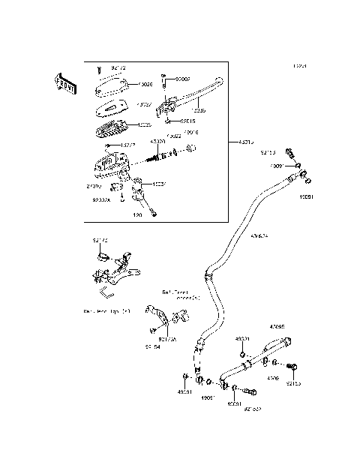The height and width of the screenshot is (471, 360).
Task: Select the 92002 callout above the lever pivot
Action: click(x=184, y=78)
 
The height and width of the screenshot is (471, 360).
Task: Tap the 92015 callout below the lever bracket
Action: click(x=187, y=121)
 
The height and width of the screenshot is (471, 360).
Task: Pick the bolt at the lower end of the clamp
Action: click(x=153, y=214)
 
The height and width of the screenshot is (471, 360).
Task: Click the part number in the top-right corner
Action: click(x=300, y=67)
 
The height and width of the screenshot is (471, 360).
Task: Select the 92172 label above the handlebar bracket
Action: click(x=100, y=240)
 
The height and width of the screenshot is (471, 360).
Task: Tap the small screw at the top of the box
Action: click(x=99, y=68)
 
